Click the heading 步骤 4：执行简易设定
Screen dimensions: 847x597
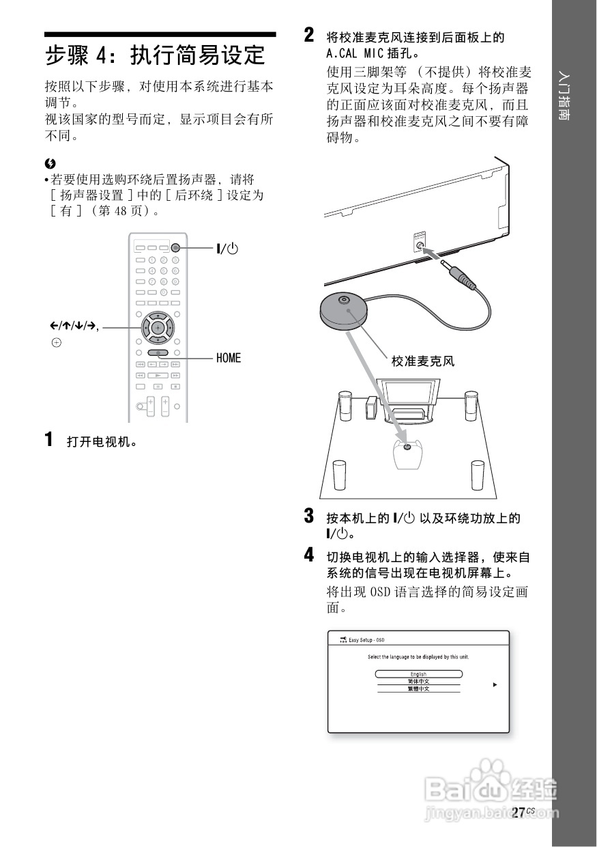pos(155,55)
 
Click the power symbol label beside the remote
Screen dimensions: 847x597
pos(228,249)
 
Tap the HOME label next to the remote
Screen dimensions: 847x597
pos(229,358)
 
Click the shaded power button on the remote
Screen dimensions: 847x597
pos(175,249)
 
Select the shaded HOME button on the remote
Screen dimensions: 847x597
pos(158,354)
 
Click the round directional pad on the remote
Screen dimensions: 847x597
pos(157,329)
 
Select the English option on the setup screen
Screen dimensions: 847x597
pos(418,674)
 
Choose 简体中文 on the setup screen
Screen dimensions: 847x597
pos(418,682)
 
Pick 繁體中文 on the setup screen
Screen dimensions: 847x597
pos(418,689)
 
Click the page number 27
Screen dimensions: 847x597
pos(518,812)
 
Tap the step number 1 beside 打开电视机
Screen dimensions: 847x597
pos(49,439)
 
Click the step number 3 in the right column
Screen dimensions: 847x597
pos(309,515)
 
